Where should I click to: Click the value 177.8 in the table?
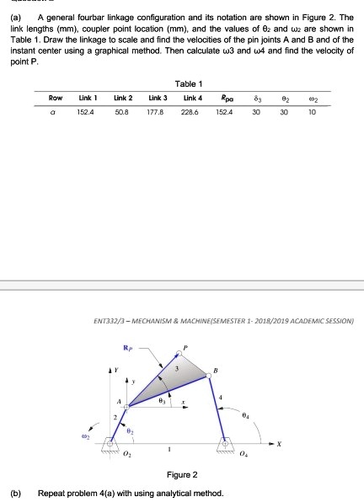(155, 110)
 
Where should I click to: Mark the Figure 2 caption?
(182, 473)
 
